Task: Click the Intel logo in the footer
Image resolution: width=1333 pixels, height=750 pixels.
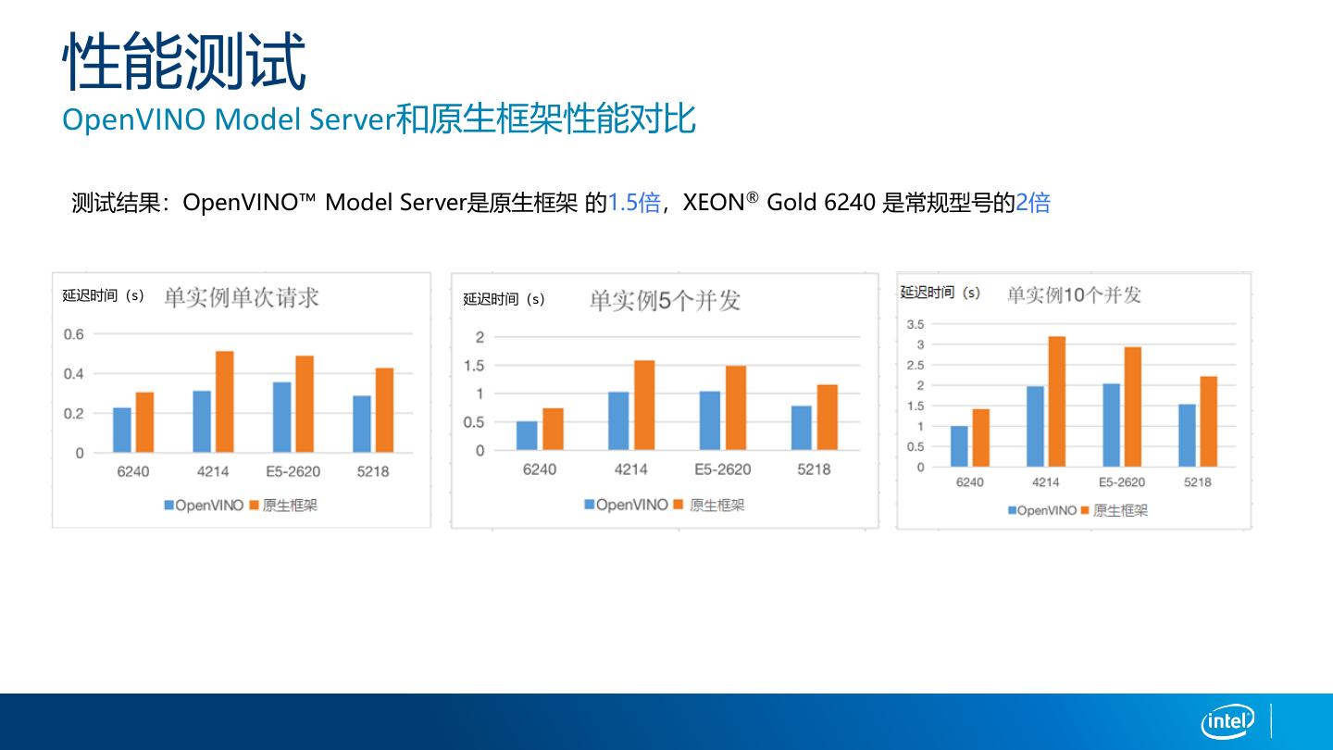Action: point(1227,720)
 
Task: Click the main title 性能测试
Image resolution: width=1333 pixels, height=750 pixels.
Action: point(183,61)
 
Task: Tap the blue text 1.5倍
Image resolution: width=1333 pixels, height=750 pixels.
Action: point(634,203)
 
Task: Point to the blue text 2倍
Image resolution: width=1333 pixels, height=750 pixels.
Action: point(1033,203)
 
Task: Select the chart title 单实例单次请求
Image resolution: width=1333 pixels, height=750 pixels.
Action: point(242,297)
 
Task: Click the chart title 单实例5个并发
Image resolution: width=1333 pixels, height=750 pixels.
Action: point(665,301)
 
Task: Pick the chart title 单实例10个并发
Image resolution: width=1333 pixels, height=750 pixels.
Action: point(1074,295)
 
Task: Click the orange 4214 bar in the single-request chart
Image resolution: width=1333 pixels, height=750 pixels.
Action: point(225,402)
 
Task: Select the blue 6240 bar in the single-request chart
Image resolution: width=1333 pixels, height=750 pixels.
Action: point(122,430)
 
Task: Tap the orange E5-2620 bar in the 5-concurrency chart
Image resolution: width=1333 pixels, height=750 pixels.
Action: point(736,408)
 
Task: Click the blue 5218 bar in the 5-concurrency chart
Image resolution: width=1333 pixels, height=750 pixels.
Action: point(802,428)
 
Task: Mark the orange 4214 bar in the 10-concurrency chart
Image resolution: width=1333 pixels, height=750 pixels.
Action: point(1057,401)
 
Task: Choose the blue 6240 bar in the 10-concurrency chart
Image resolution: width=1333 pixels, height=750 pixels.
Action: point(959,446)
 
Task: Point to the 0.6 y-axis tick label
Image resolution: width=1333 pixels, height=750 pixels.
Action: point(74,334)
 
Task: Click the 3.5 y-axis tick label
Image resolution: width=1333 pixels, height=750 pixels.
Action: point(915,324)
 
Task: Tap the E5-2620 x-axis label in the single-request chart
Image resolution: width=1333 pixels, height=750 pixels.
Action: point(293,471)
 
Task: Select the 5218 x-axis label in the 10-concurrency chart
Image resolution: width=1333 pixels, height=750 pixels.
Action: point(1197,482)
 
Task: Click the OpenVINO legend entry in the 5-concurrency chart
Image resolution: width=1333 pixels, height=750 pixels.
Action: point(626,505)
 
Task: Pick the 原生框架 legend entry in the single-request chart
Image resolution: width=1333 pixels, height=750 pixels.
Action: point(284,506)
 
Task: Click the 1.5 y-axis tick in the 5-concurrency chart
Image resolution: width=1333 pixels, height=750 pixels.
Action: point(473,366)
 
